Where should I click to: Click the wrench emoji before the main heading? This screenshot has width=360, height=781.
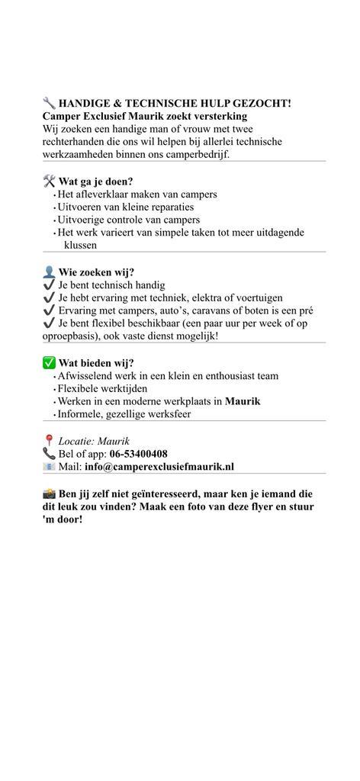pos(49,103)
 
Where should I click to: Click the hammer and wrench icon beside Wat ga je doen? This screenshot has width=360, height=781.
pos(49,182)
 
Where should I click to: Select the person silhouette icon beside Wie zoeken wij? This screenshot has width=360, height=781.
pos(49,272)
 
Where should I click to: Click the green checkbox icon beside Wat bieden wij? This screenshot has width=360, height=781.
pos(49,363)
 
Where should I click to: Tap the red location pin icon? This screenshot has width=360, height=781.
pos(49,441)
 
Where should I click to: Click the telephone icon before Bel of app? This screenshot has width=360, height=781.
pos(49,454)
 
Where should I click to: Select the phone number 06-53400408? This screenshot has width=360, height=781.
pos(138,454)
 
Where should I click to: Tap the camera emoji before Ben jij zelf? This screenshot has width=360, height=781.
pos(49,493)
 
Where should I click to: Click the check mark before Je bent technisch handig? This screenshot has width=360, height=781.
pos(49,284)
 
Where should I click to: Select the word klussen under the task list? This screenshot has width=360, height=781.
pos(80,246)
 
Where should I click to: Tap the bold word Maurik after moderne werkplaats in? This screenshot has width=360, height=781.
pos(243,401)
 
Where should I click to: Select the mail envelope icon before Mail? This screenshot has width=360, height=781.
pos(49,467)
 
